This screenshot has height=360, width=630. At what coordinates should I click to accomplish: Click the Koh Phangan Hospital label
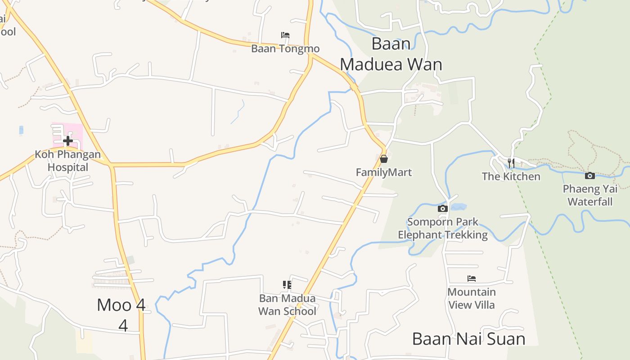click(x=68, y=161)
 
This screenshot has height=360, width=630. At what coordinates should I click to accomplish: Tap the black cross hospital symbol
click(x=68, y=141)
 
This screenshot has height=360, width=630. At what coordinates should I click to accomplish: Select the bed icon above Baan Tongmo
click(x=285, y=35)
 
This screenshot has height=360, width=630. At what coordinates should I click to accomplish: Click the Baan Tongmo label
click(x=285, y=49)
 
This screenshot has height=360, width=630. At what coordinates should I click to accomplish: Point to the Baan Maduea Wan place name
click(x=391, y=54)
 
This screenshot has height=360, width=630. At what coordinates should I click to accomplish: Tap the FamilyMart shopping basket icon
click(x=384, y=159)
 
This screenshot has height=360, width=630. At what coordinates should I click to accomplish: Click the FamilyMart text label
click(x=384, y=172)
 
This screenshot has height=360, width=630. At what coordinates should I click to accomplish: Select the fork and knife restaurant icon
click(x=511, y=163)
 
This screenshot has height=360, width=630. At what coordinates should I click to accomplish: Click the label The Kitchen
click(x=511, y=176)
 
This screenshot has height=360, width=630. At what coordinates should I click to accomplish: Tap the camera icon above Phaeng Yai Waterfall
click(x=590, y=175)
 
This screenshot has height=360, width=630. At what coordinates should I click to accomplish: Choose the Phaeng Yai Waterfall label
click(x=590, y=195)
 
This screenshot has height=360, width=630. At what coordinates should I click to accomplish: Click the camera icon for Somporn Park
click(x=442, y=208)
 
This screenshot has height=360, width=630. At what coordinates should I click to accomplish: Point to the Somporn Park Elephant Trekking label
click(x=443, y=228)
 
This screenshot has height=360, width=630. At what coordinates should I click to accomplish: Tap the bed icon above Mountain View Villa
click(x=472, y=279)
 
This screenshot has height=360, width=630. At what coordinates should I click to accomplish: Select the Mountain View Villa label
click(x=472, y=298)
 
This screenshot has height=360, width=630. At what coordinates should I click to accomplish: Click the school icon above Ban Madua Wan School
click(x=287, y=284)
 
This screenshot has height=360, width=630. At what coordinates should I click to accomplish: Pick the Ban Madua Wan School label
click(x=287, y=305)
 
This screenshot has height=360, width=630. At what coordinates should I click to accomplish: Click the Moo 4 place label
click(x=121, y=305)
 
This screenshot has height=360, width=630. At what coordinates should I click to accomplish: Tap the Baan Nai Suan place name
click(x=469, y=339)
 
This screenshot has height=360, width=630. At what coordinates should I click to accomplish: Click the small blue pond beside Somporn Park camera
click(x=458, y=207)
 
